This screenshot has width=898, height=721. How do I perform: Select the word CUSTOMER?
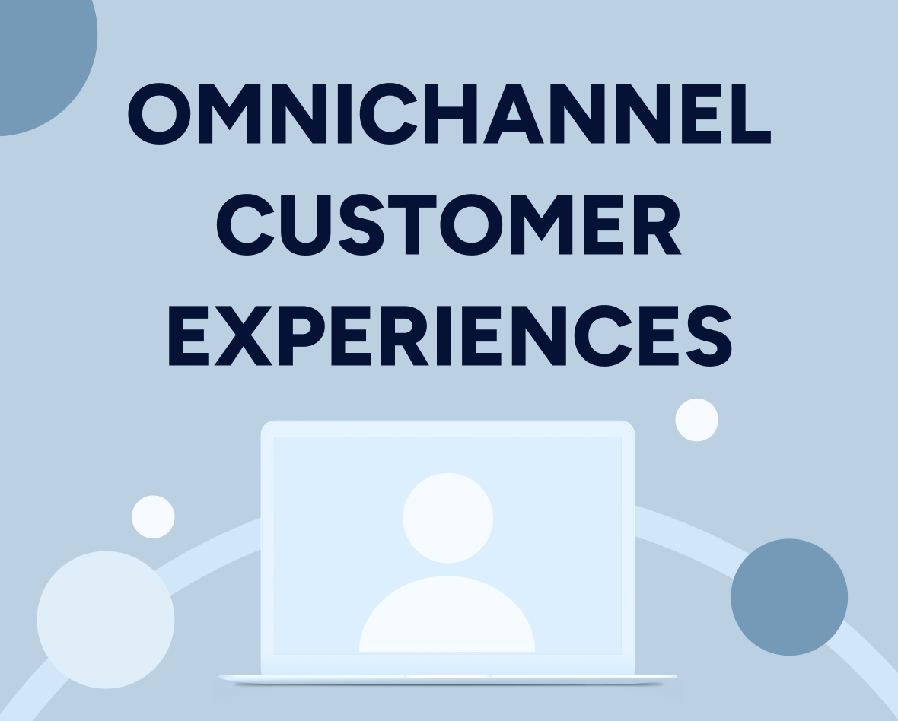(x=449, y=225)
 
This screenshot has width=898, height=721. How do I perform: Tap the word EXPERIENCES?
(x=449, y=335)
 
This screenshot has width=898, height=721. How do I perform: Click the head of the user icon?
(x=447, y=518)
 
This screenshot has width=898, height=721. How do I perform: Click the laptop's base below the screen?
(x=447, y=676)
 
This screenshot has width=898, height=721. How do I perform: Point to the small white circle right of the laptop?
(x=696, y=420)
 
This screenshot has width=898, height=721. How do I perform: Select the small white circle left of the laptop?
(x=153, y=517)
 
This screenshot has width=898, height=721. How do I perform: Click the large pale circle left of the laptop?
(x=106, y=619)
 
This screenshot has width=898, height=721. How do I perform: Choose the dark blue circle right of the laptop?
(x=789, y=597)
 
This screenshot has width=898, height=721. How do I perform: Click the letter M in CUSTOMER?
(x=541, y=225)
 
